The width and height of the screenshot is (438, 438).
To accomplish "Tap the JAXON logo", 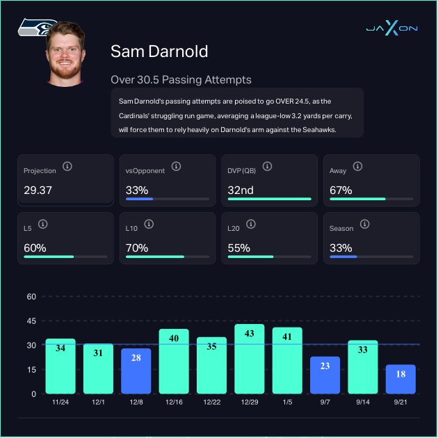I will [x=391, y=29].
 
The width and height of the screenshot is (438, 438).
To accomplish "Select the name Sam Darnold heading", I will [x=159, y=51].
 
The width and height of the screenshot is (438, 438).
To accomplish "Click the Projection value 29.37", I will [x=38, y=190].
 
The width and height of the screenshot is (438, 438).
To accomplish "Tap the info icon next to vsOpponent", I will [x=177, y=167].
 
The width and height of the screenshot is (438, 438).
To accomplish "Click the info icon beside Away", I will [x=357, y=167].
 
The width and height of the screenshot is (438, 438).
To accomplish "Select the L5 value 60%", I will [x=35, y=248].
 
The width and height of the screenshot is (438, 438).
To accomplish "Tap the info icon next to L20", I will [x=250, y=225].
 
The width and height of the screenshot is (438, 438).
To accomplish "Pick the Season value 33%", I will [x=341, y=248].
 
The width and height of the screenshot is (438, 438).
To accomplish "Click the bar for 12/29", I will [x=249, y=359].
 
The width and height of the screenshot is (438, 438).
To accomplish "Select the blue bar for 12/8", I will [x=136, y=371].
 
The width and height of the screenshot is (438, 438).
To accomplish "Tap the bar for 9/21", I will [x=400, y=379].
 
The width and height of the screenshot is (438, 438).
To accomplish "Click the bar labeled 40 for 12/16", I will [x=174, y=361].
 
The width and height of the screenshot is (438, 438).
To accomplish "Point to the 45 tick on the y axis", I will [x=31, y=321].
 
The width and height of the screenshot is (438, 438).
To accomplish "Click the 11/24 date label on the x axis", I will [x=60, y=402].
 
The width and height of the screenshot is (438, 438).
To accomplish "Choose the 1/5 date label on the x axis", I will [x=287, y=402].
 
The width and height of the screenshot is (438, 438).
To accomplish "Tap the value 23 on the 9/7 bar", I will [x=325, y=365].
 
